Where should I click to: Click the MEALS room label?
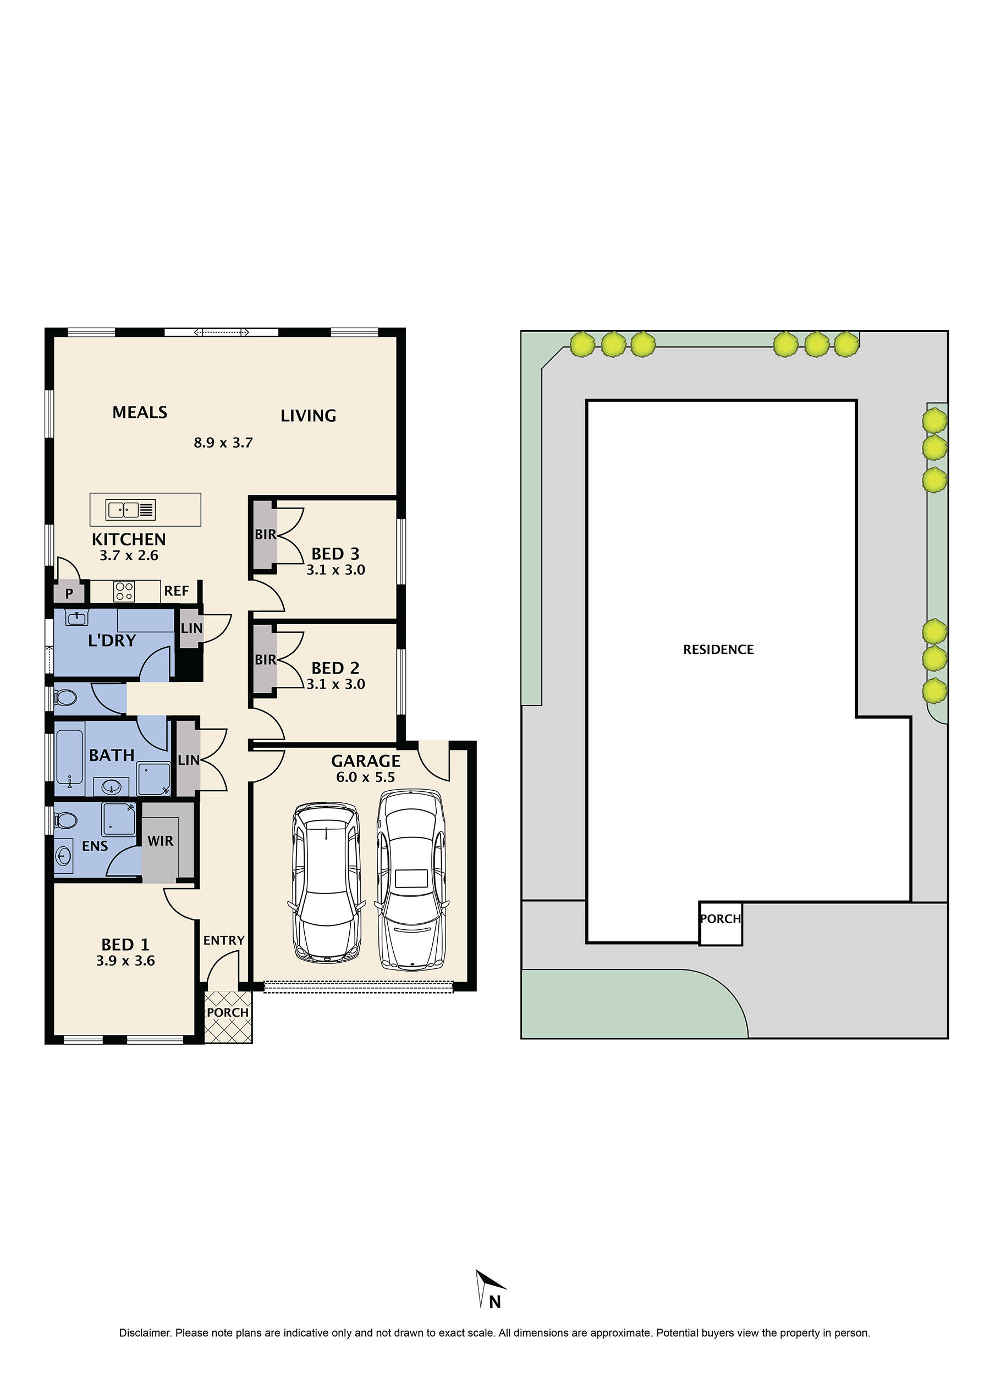point(140,412)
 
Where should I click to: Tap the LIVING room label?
point(308,416)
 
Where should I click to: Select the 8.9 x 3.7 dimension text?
point(223,443)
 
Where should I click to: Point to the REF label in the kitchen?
point(177,591)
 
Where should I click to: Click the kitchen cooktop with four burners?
point(124,591)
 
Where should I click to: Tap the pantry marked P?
point(69,593)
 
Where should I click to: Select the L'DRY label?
point(112,640)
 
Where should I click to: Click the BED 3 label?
point(335,554)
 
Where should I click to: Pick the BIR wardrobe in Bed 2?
point(265,659)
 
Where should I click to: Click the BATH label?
point(112,756)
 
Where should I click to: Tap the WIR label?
point(161,841)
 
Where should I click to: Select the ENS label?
point(95,846)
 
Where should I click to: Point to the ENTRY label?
point(224,940)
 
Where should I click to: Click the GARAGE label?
point(365,761)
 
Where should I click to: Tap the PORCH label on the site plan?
point(721,918)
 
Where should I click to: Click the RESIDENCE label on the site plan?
point(718,649)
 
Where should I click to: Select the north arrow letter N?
point(494,1302)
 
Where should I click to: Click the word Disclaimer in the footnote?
point(145,1333)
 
